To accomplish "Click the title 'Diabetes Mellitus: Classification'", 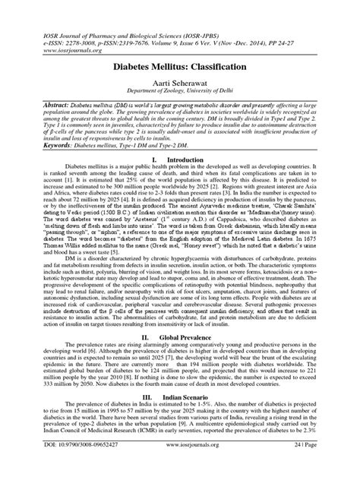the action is click(180, 68).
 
